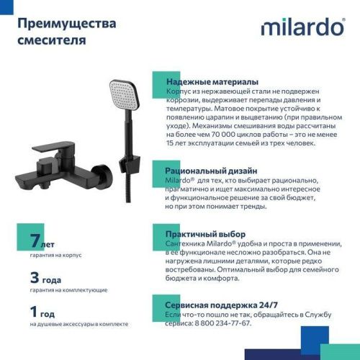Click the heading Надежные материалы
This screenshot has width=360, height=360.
(x=212, y=82)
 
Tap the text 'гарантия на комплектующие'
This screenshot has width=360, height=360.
(x=69, y=290)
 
